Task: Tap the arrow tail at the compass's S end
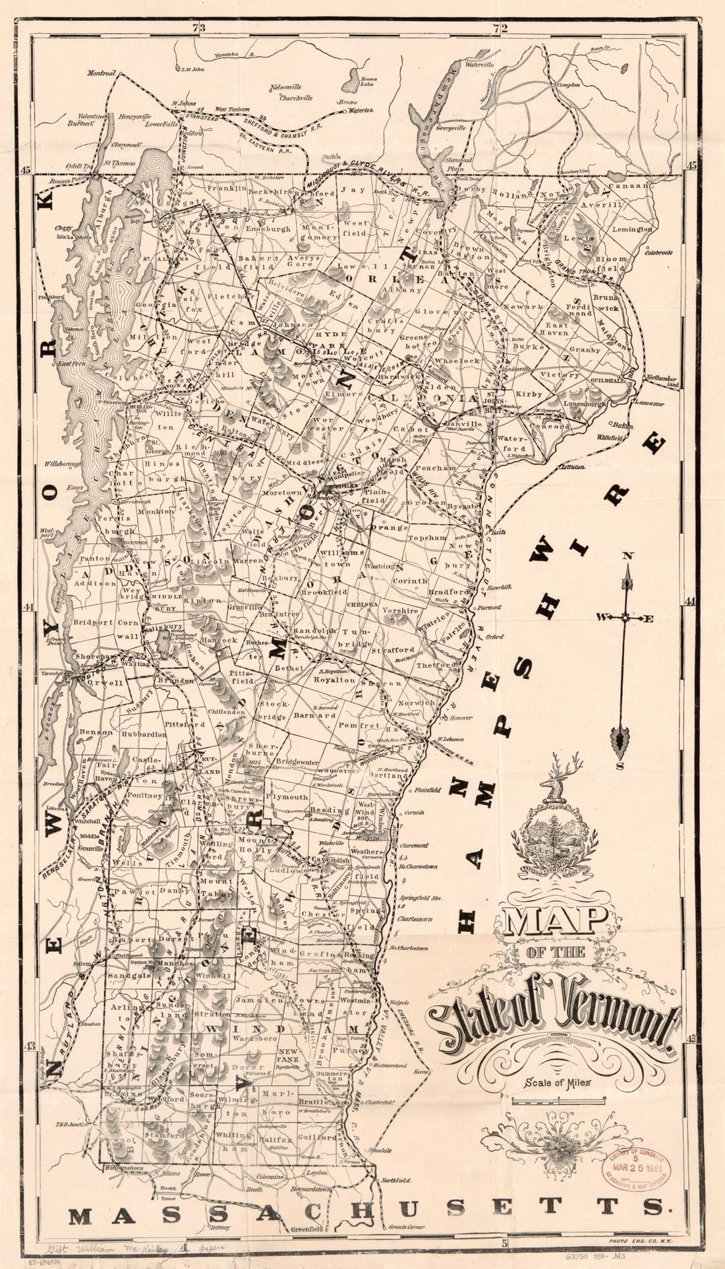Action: (x=620, y=740)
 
